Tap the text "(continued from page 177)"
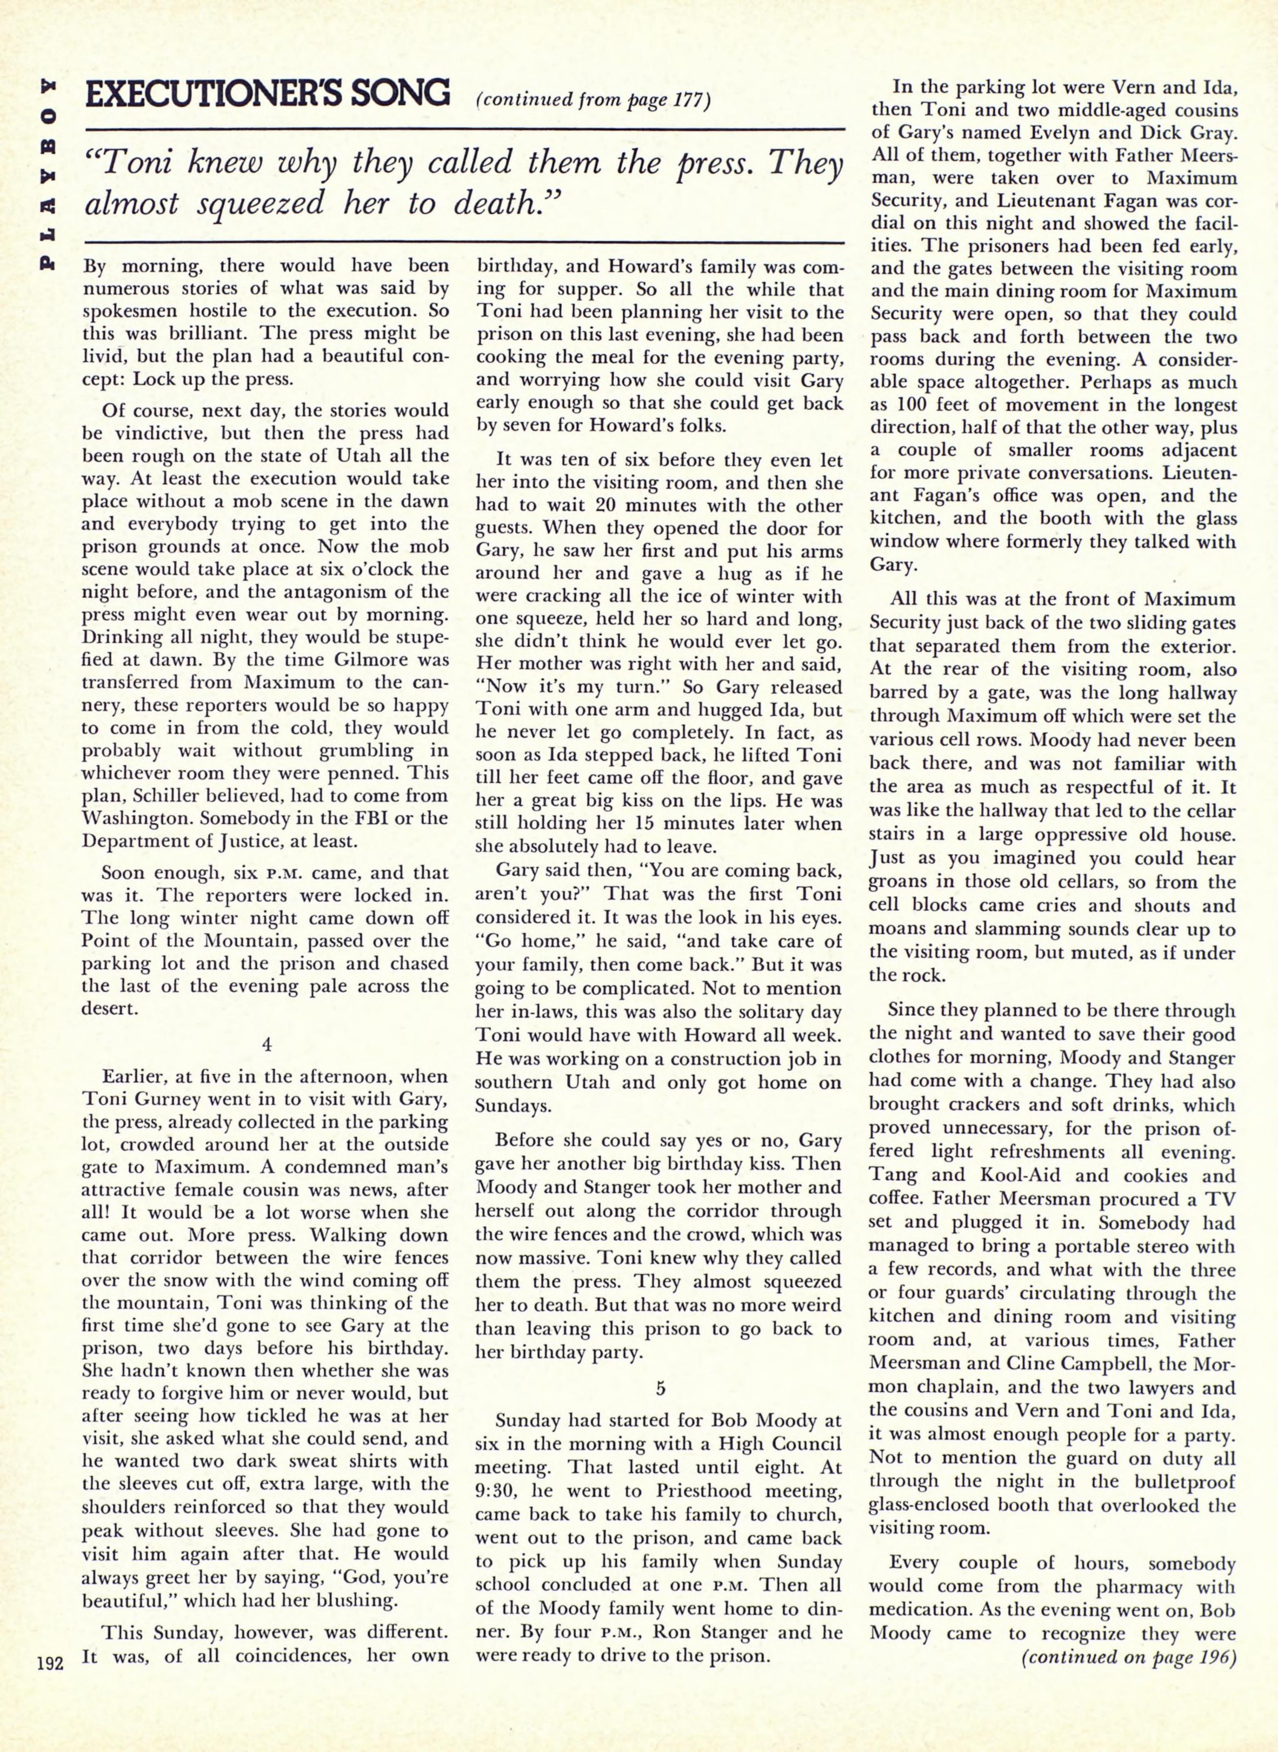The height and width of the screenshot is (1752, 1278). pyautogui.click(x=594, y=101)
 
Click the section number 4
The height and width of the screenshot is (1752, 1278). pyautogui.click(x=266, y=1044)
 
